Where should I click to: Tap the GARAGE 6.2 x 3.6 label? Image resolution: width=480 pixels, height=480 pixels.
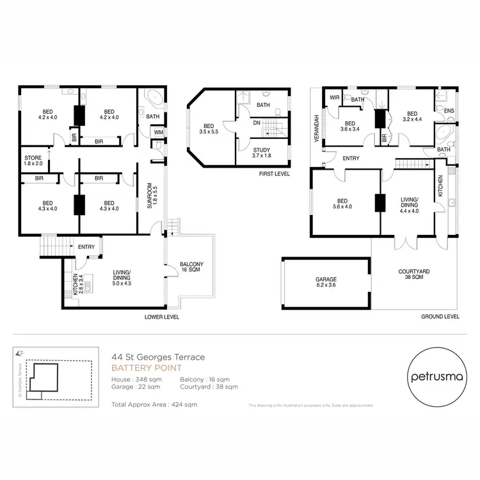click(x=325, y=283)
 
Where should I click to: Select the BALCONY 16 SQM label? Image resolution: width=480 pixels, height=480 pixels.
click(x=191, y=268)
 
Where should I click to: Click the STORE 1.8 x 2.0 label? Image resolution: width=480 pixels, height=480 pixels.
click(x=33, y=161)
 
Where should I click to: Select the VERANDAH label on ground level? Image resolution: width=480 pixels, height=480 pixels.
click(x=316, y=125)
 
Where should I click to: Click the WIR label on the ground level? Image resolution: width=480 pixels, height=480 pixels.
click(x=334, y=98)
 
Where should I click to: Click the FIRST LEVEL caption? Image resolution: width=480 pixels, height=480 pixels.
click(x=275, y=173)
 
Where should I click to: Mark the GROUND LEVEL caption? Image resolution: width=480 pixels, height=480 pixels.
click(x=440, y=317)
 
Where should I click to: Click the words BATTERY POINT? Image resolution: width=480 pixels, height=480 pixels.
click(x=147, y=368)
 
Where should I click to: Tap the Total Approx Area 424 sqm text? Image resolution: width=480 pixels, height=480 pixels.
click(x=154, y=404)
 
